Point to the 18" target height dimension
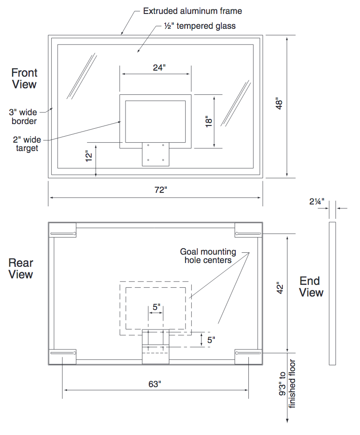coord(208,121)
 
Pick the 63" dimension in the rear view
coord(155,384)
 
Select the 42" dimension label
coord(280,292)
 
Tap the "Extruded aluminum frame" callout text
coord(193,11)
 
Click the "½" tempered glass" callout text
coord(200,26)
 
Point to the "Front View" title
coord(24,79)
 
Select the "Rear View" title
coord(21,269)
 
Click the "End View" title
coord(311,287)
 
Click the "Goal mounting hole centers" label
coord(208,256)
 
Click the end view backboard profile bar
coord(332,293)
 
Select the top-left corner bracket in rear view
coord(63,230)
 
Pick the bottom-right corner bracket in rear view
coord(249,356)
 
